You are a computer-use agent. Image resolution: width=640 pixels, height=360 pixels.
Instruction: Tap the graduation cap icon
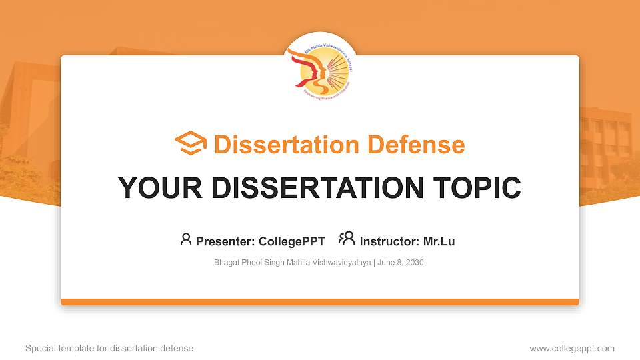coord(191,144)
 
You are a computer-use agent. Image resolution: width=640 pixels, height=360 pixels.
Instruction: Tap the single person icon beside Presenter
coord(186,239)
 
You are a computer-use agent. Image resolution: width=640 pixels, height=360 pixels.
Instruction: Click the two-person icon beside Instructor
coord(347,239)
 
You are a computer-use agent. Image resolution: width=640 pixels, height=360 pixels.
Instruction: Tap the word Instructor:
coord(389,241)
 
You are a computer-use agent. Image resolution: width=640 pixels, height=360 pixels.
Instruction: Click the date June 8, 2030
coord(401,263)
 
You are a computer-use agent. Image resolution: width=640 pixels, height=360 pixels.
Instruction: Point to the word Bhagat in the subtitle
coord(226,263)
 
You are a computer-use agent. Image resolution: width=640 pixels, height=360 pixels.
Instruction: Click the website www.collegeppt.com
coord(572,349)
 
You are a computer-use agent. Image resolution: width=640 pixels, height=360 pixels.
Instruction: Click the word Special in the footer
coord(39,349)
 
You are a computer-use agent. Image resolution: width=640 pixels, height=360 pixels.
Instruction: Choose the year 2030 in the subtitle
coord(414,263)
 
